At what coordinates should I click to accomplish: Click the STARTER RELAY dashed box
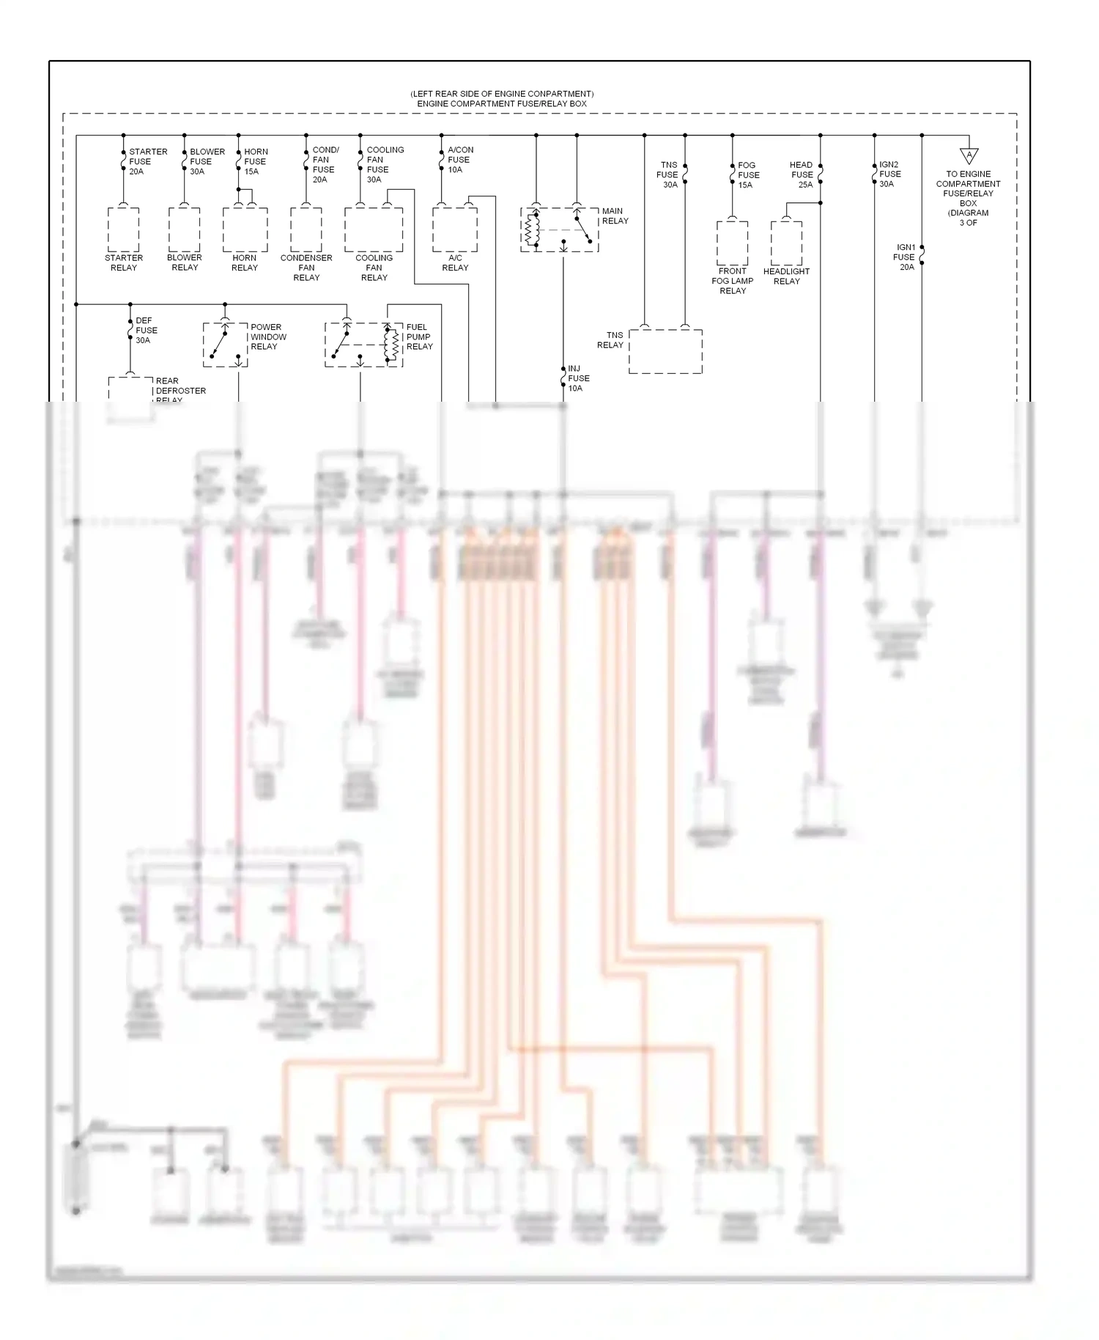pos(123,229)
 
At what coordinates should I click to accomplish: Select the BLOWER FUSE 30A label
pos(207,161)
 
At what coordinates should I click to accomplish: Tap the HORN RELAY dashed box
pos(245,229)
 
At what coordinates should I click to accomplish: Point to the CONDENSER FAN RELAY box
pos(306,229)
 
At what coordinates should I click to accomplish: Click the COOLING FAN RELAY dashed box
pos(374,229)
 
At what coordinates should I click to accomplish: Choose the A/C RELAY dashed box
pos(454,229)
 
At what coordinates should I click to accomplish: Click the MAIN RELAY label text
pos(615,216)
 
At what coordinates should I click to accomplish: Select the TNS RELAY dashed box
pos(665,351)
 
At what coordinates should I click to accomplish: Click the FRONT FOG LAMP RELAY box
pos(732,243)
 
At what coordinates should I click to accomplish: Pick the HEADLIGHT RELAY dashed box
pos(786,243)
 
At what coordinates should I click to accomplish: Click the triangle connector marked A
pos(969,155)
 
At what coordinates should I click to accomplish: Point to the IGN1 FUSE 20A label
pos(905,257)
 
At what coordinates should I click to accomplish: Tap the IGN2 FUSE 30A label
pos(889,174)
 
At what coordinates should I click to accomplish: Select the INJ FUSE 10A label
pos(578,378)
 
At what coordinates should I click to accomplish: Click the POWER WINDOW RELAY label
pos(268,336)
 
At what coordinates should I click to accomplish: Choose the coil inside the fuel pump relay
pos(391,344)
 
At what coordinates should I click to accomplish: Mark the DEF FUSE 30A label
pos(145,330)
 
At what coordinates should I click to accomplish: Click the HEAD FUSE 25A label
pos(802,174)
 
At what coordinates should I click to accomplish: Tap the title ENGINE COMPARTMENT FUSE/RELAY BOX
pos(502,103)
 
